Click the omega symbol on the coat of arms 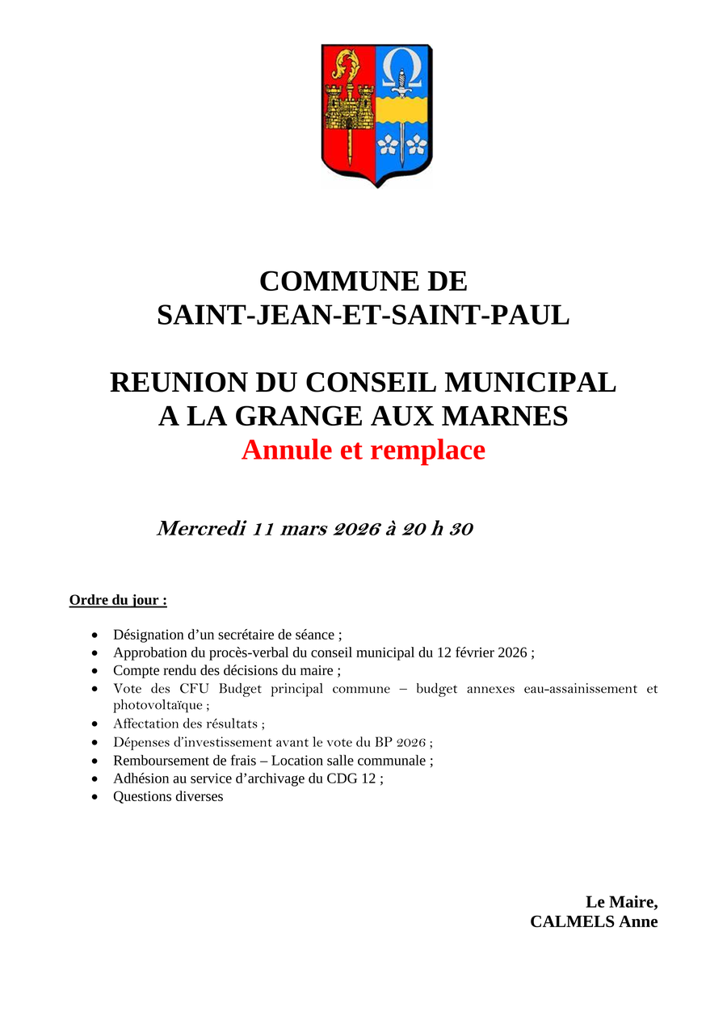click(x=402, y=65)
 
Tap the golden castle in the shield click(x=348, y=105)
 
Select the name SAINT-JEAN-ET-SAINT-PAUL click(x=363, y=315)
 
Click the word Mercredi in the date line click(x=201, y=529)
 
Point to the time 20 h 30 click(x=438, y=529)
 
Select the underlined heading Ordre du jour click(x=118, y=600)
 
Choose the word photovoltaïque click(x=158, y=705)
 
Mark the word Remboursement click(x=164, y=760)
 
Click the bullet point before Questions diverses click(x=95, y=797)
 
